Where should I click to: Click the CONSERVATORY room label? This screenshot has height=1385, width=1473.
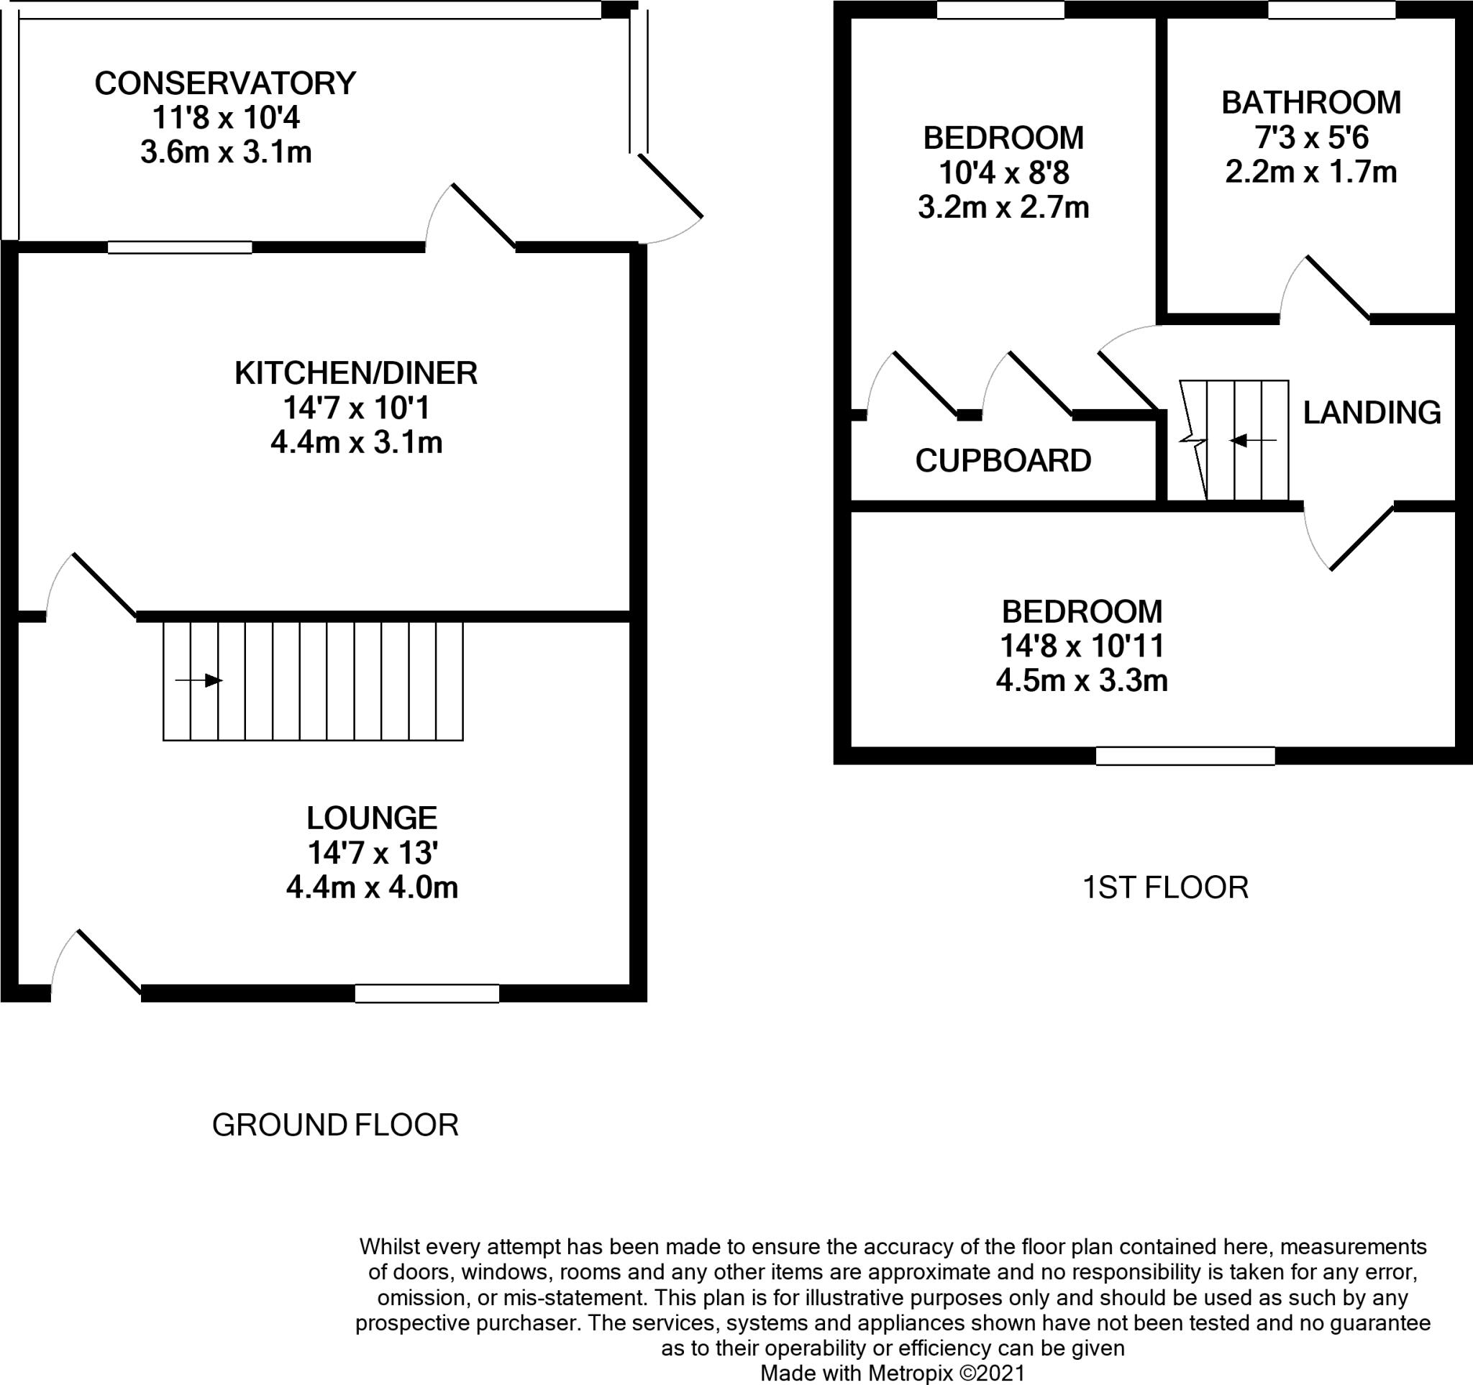[x=225, y=83]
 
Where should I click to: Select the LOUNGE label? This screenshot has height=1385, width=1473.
[x=372, y=818]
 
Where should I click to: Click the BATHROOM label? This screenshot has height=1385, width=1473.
[x=1310, y=103]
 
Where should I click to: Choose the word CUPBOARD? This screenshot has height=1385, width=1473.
[x=1003, y=461]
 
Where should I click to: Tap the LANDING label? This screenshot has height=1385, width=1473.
[x=1372, y=413]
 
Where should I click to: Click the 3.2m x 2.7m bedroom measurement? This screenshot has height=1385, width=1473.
[x=1003, y=207]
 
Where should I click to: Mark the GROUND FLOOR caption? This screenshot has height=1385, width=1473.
[x=335, y=1125]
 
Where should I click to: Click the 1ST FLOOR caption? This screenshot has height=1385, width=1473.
[x=1165, y=887]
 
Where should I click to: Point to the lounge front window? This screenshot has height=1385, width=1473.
[x=427, y=993]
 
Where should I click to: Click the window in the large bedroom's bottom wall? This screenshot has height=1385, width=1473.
[x=1185, y=756]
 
